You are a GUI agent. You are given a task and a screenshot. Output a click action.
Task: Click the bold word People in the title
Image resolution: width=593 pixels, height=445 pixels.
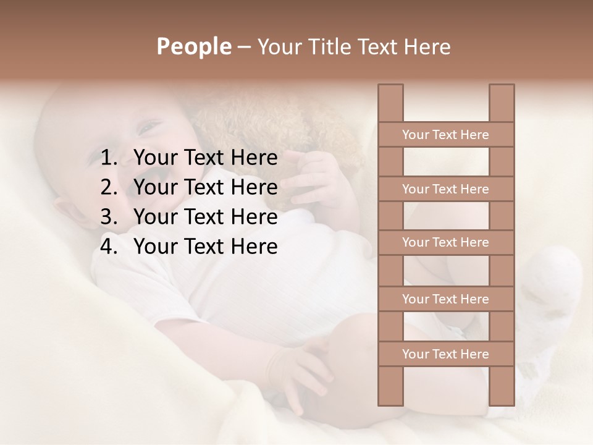point(193,47)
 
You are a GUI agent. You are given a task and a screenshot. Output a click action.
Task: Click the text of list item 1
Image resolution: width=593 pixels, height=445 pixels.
point(206,158)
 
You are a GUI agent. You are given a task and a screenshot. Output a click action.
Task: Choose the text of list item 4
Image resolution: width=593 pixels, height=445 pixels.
point(206,247)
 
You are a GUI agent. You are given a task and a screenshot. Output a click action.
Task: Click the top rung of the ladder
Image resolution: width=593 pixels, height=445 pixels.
point(445,135)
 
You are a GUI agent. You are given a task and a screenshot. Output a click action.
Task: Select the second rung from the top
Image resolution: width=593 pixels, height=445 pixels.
point(445,189)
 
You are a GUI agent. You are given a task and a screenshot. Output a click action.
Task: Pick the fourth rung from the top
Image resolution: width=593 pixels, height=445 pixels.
point(445,299)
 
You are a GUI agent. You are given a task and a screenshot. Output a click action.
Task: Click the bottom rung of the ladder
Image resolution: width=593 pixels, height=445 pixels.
point(445,354)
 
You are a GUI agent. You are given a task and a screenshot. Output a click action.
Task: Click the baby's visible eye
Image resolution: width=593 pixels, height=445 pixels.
point(149,128)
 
